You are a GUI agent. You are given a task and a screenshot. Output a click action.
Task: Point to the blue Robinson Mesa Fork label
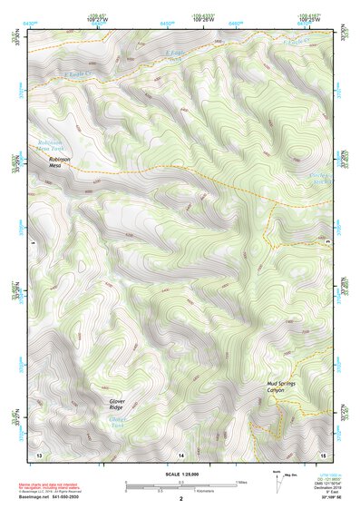pyautogui.click(x=53, y=145)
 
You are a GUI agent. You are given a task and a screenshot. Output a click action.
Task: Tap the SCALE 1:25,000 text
pyautogui.click(x=180, y=475)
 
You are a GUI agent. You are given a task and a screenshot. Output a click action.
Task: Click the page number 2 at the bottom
pyautogui.click(x=180, y=499)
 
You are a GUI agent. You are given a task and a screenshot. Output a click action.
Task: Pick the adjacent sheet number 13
pyautogui.click(x=39, y=453)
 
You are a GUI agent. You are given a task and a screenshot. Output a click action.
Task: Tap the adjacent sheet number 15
pyautogui.click(x=322, y=453)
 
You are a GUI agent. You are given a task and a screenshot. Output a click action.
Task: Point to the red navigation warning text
pyautogui.click(x=51, y=487)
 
